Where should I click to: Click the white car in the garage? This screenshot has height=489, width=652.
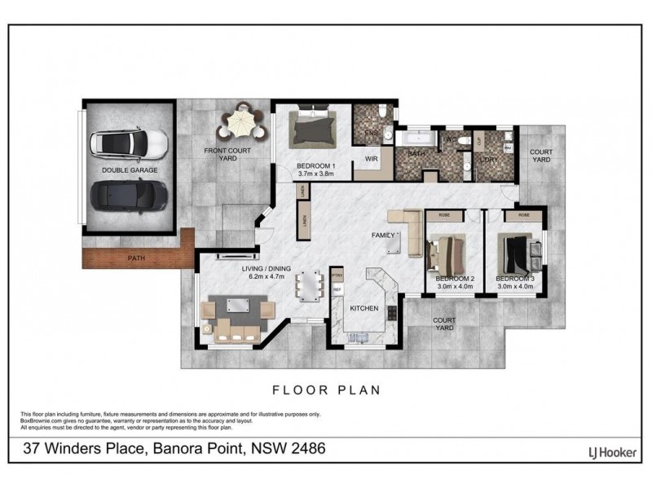pyautogui.click(x=130, y=144)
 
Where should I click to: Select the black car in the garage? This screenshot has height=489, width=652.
pyautogui.click(x=130, y=195)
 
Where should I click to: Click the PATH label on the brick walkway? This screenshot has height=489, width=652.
pyautogui.click(x=137, y=259)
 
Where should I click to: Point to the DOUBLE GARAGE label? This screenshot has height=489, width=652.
pyautogui.click(x=130, y=170)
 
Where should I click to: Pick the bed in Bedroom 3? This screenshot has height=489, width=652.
pyautogui.click(x=518, y=253)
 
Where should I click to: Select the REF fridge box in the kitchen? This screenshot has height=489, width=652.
pyautogui.click(x=337, y=290)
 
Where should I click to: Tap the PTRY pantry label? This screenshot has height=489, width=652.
pyautogui.click(x=337, y=276)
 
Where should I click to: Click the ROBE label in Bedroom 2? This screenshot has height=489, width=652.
pyautogui.click(x=444, y=217)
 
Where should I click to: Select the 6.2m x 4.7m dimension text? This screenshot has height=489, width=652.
pyautogui.click(x=267, y=276)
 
